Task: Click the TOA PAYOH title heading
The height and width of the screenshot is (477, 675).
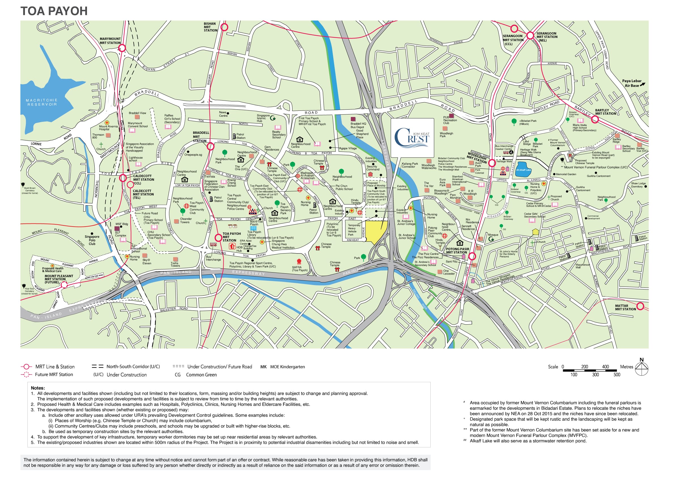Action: click(54, 11)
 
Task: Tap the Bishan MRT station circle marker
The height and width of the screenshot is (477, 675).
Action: click(224, 27)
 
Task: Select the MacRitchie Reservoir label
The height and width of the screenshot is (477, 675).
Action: click(42, 102)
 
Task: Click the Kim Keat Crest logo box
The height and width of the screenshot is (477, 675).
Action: click(412, 138)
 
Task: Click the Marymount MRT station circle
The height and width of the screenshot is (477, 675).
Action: click(122, 48)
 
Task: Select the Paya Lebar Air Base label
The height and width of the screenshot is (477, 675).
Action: click(631, 83)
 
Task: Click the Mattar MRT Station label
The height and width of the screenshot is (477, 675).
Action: click(625, 307)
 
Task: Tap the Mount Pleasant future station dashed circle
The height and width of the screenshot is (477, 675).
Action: click(64, 284)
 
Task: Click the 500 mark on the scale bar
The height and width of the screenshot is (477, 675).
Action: click(617, 375)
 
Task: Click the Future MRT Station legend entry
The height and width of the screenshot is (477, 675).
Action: click(54, 374)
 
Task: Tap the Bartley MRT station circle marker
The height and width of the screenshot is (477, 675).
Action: click(595, 119)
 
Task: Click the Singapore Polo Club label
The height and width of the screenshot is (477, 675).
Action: click(92, 240)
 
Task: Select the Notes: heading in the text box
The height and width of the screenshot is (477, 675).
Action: click(38, 388)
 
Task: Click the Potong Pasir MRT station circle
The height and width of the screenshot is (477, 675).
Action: click(472, 257)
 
